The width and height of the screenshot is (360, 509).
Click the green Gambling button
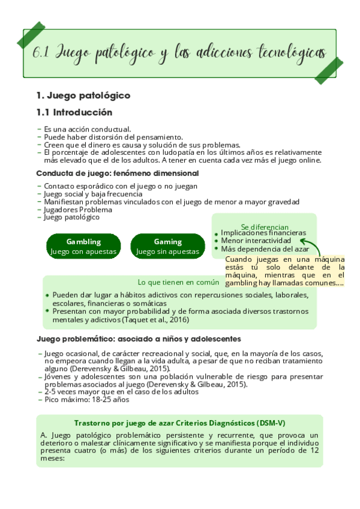83,246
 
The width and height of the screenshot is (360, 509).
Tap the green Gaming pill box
167,246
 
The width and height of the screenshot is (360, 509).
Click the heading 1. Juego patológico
83,95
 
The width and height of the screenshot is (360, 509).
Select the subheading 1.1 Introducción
74,112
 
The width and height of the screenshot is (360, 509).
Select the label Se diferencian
265,227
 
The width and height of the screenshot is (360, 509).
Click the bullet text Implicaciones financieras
263,233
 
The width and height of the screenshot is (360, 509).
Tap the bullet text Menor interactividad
256,241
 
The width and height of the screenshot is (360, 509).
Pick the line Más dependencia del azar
265,248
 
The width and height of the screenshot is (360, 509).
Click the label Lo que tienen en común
178,282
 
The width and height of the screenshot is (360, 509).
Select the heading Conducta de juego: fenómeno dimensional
118,173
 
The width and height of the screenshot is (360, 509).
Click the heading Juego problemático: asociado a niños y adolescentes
131,339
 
